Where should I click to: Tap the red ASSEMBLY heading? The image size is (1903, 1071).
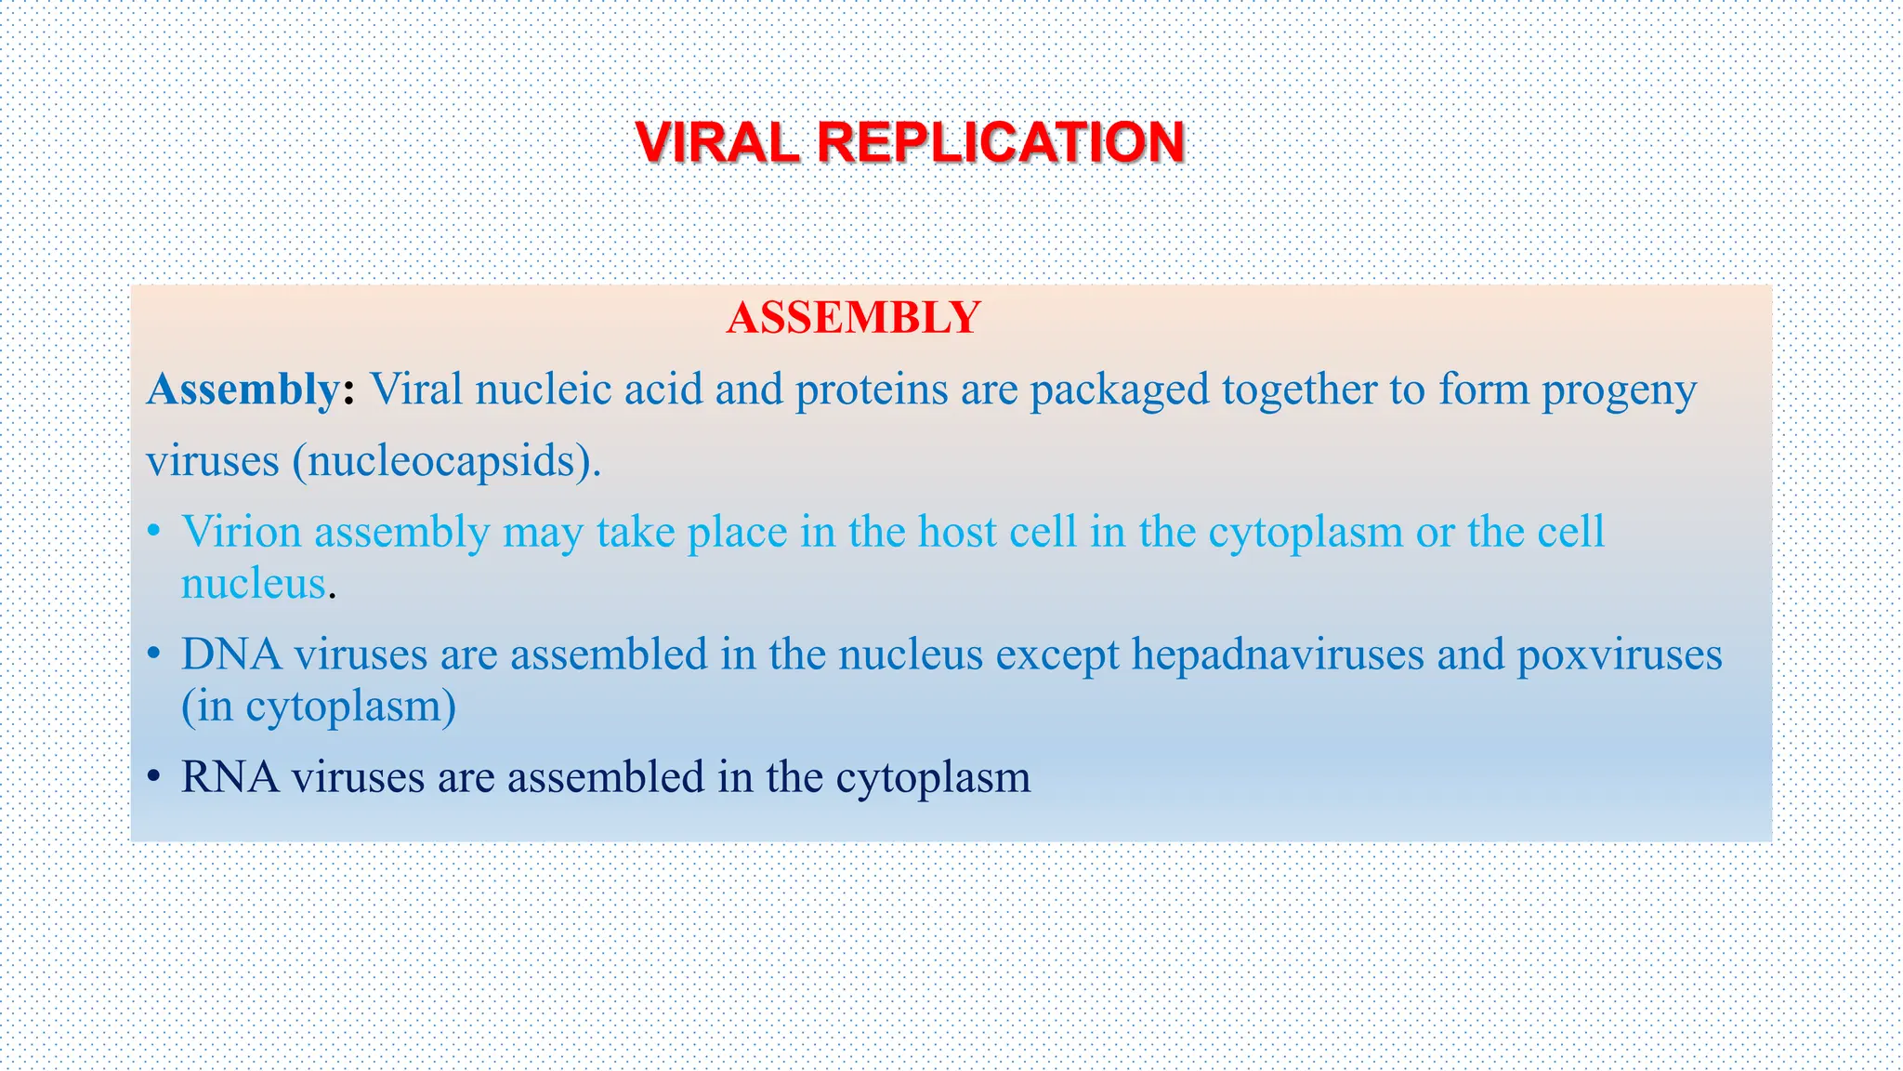pyautogui.click(x=853, y=318)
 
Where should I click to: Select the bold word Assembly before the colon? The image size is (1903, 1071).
pyautogui.click(x=243, y=390)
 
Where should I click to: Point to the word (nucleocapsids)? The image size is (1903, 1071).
pyautogui.click(x=447, y=461)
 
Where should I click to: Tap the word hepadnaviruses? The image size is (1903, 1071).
pyautogui.click(x=1278, y=654)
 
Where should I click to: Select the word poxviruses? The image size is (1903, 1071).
pyautogui.click(x=1619, y=654)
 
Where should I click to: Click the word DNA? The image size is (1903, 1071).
pyautogui.click(x=231, y=654)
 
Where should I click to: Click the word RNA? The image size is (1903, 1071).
pyautogui.click(x=230, y=777)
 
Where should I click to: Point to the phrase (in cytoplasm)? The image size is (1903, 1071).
pyautogui.click(x=319, y=707)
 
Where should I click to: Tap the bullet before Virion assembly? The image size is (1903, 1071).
pyautogui.click(x=155, y=533)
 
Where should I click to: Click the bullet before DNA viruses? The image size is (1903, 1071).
pyautogui.click(x=155, y=655)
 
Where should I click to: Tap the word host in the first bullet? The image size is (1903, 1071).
pyautogui.click(x=957, y=532)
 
